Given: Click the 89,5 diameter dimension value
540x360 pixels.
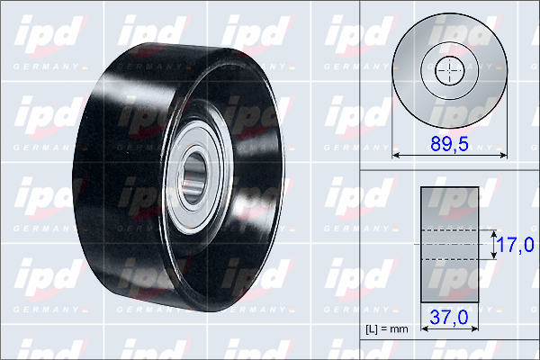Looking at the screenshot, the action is point(449,144).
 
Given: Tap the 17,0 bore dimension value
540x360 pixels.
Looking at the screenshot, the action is point(516,245).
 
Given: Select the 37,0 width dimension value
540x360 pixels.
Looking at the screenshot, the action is point(449,317).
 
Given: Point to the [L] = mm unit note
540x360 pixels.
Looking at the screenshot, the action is point(387,329).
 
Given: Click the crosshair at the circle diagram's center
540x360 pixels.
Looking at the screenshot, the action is point(450,70).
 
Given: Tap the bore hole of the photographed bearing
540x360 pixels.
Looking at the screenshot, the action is point(193,178).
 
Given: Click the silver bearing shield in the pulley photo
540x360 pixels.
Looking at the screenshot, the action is point(194,177).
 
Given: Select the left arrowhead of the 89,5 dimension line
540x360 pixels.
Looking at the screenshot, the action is point(396,156).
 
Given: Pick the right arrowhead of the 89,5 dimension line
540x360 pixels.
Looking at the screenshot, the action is point(503,156).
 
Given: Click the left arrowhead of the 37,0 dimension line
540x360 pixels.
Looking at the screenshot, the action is point(424,329).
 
